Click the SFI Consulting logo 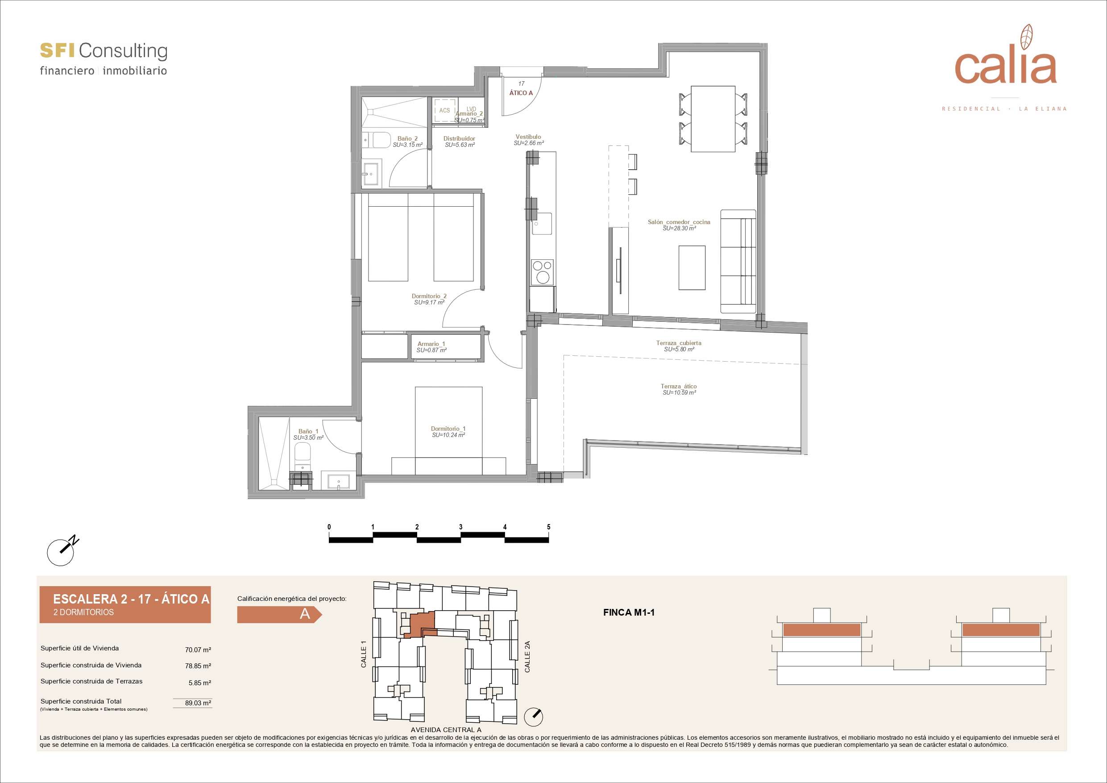[103, 58]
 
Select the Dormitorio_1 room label [448, 432]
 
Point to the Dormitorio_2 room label [429, 299]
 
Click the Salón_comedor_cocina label [679, 225]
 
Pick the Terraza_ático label [678, 389]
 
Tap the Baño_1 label [308, 434]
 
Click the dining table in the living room [713, 119]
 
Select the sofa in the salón [738, 262]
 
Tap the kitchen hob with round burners [543, 272]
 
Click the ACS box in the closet [444, 110]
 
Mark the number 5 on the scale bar [549, 527]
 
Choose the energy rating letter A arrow [279, 614]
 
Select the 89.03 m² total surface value [198, 703]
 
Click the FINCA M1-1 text [629, 613]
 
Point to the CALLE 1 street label [364, 654]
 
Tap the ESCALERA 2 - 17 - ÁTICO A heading [131, 599]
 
